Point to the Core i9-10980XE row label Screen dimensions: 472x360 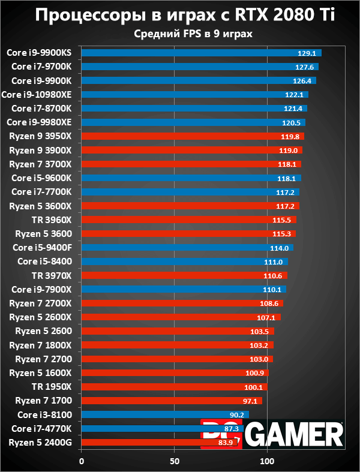(37, 94)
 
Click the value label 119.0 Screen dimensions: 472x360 (289, 150)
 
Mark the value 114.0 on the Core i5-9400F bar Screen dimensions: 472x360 (280, 248)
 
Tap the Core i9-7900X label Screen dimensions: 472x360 (42, 289)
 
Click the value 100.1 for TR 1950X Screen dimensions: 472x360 (254, 387)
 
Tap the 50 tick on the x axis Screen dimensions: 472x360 (174, 461)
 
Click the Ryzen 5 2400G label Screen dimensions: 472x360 (40, 443)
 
